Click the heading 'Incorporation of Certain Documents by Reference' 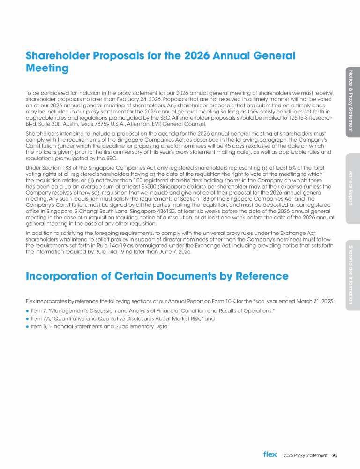coord(157,276)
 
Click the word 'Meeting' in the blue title coord(48,68)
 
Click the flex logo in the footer coord(270,454)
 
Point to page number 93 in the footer coord(335,455)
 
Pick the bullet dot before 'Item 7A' coord(28,318)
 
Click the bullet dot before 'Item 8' coord(28,326)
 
